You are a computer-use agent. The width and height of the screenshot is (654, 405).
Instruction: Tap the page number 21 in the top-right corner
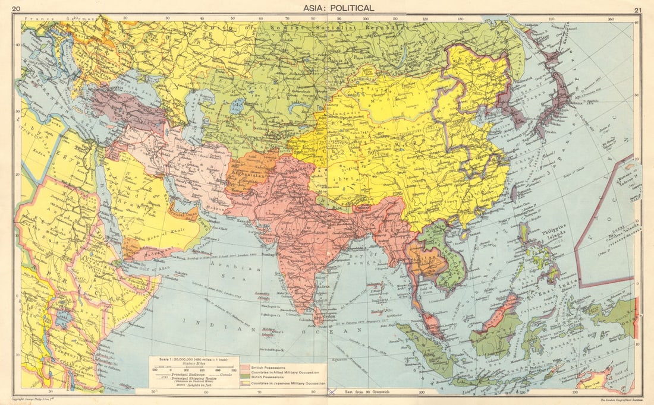[x=638, y=10]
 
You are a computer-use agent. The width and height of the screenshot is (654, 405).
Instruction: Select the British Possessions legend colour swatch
[x=246, y=369]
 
